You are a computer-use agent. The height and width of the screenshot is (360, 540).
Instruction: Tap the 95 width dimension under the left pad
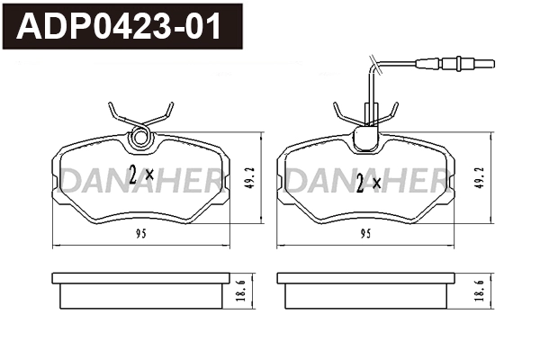coord(142,234)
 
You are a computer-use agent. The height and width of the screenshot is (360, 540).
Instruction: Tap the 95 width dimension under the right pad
coord(365,234)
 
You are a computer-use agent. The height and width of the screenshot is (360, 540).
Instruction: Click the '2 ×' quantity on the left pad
coord(141,175)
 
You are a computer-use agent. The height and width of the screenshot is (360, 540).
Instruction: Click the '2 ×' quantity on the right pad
coord(369,183)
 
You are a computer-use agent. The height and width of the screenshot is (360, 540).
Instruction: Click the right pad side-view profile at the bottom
coord(366,292)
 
